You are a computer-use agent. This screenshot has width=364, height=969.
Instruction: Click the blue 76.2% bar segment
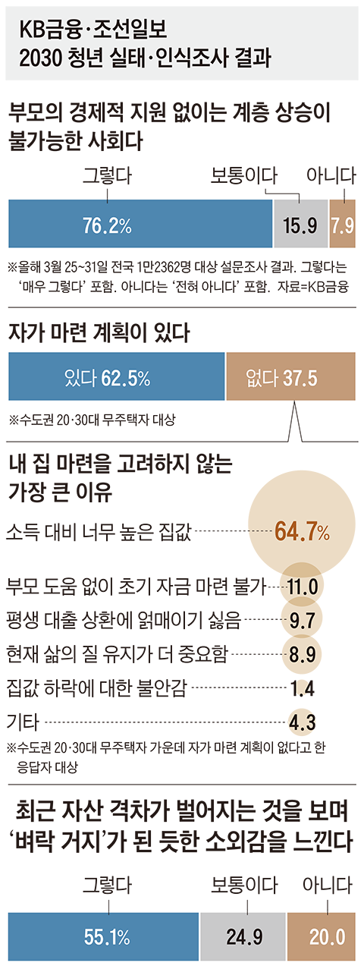[140, 224]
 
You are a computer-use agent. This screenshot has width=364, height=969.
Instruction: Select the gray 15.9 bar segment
[300, 224]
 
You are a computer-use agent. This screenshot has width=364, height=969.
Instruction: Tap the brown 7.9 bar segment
[342, 224]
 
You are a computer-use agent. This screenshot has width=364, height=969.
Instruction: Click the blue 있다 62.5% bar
[117, 376]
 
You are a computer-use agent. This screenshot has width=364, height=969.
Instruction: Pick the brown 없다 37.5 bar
[291, 376]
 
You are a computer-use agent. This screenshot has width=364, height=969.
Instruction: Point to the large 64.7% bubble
[301, 525]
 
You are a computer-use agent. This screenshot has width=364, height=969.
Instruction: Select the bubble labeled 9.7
[302, 619]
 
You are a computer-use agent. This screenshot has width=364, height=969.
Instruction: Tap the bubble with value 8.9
[302, 653]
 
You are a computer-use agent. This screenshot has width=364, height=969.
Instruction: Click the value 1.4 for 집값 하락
[303, 688]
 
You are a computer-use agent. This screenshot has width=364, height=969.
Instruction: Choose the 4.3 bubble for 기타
[303, 722]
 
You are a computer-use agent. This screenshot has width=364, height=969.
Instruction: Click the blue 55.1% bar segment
[103, 936]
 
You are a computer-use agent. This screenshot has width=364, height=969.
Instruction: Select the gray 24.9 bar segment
[243, 936]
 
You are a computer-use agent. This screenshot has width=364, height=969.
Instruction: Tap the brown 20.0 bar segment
[322, 936]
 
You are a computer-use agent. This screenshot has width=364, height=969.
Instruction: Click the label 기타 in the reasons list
[23, 722]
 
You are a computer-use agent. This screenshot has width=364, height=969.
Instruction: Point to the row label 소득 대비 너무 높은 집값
[99, 533]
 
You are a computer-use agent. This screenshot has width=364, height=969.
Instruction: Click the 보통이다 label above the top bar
[244, 175]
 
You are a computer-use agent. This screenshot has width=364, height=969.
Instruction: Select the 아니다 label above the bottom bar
[328, 885]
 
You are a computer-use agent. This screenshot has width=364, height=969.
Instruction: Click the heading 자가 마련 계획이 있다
[99, 333]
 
